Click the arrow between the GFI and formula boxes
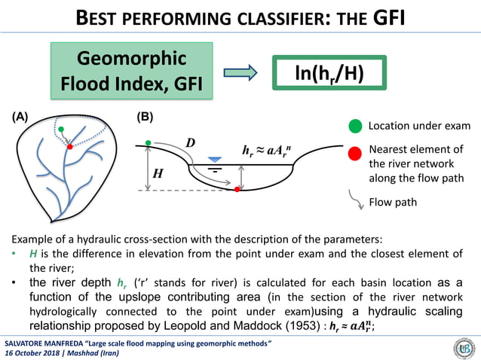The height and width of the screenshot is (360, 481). click(x=240, y=73)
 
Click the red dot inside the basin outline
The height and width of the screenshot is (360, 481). click(x=70, y=147)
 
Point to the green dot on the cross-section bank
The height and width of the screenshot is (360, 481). click(x=149, y=142)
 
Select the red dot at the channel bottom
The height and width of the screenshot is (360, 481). click(x=237, y=189)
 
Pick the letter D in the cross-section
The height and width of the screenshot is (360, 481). click(x=191, y=143)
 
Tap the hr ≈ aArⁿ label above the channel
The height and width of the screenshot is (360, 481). click(x=271, y=151)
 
